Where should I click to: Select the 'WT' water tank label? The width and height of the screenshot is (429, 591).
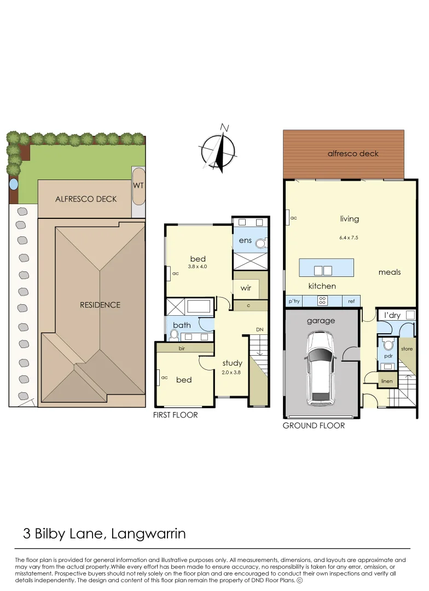pos(138,186)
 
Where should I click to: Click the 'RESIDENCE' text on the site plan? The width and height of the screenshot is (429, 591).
pos(100,305)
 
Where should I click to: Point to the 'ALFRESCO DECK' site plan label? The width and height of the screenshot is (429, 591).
pos(86,199)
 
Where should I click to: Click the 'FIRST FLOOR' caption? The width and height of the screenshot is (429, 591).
pos(175,415)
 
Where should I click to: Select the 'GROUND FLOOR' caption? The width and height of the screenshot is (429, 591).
pos(314,425)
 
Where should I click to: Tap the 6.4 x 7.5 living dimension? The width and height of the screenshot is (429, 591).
pos(349,237)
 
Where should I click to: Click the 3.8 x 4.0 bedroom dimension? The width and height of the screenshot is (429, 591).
pos(198,266)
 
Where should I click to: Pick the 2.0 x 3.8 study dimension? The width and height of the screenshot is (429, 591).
pos(231,372)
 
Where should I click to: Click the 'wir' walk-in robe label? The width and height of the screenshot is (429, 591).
pos(246,288)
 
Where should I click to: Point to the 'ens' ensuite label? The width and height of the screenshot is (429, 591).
pos(244,240)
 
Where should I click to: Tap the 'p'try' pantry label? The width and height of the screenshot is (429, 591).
pos(294,302)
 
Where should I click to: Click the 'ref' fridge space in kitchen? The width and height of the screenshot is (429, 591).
pos(351,302)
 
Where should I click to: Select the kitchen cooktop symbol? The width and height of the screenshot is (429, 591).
pos(322,300)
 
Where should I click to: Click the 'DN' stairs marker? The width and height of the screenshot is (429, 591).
pos(260,329)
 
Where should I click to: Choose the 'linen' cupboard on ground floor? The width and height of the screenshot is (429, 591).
pos(387,380)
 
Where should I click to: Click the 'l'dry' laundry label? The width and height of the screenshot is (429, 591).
pos(392,316)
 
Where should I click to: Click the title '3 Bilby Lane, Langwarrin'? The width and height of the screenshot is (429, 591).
pos(105,534)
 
